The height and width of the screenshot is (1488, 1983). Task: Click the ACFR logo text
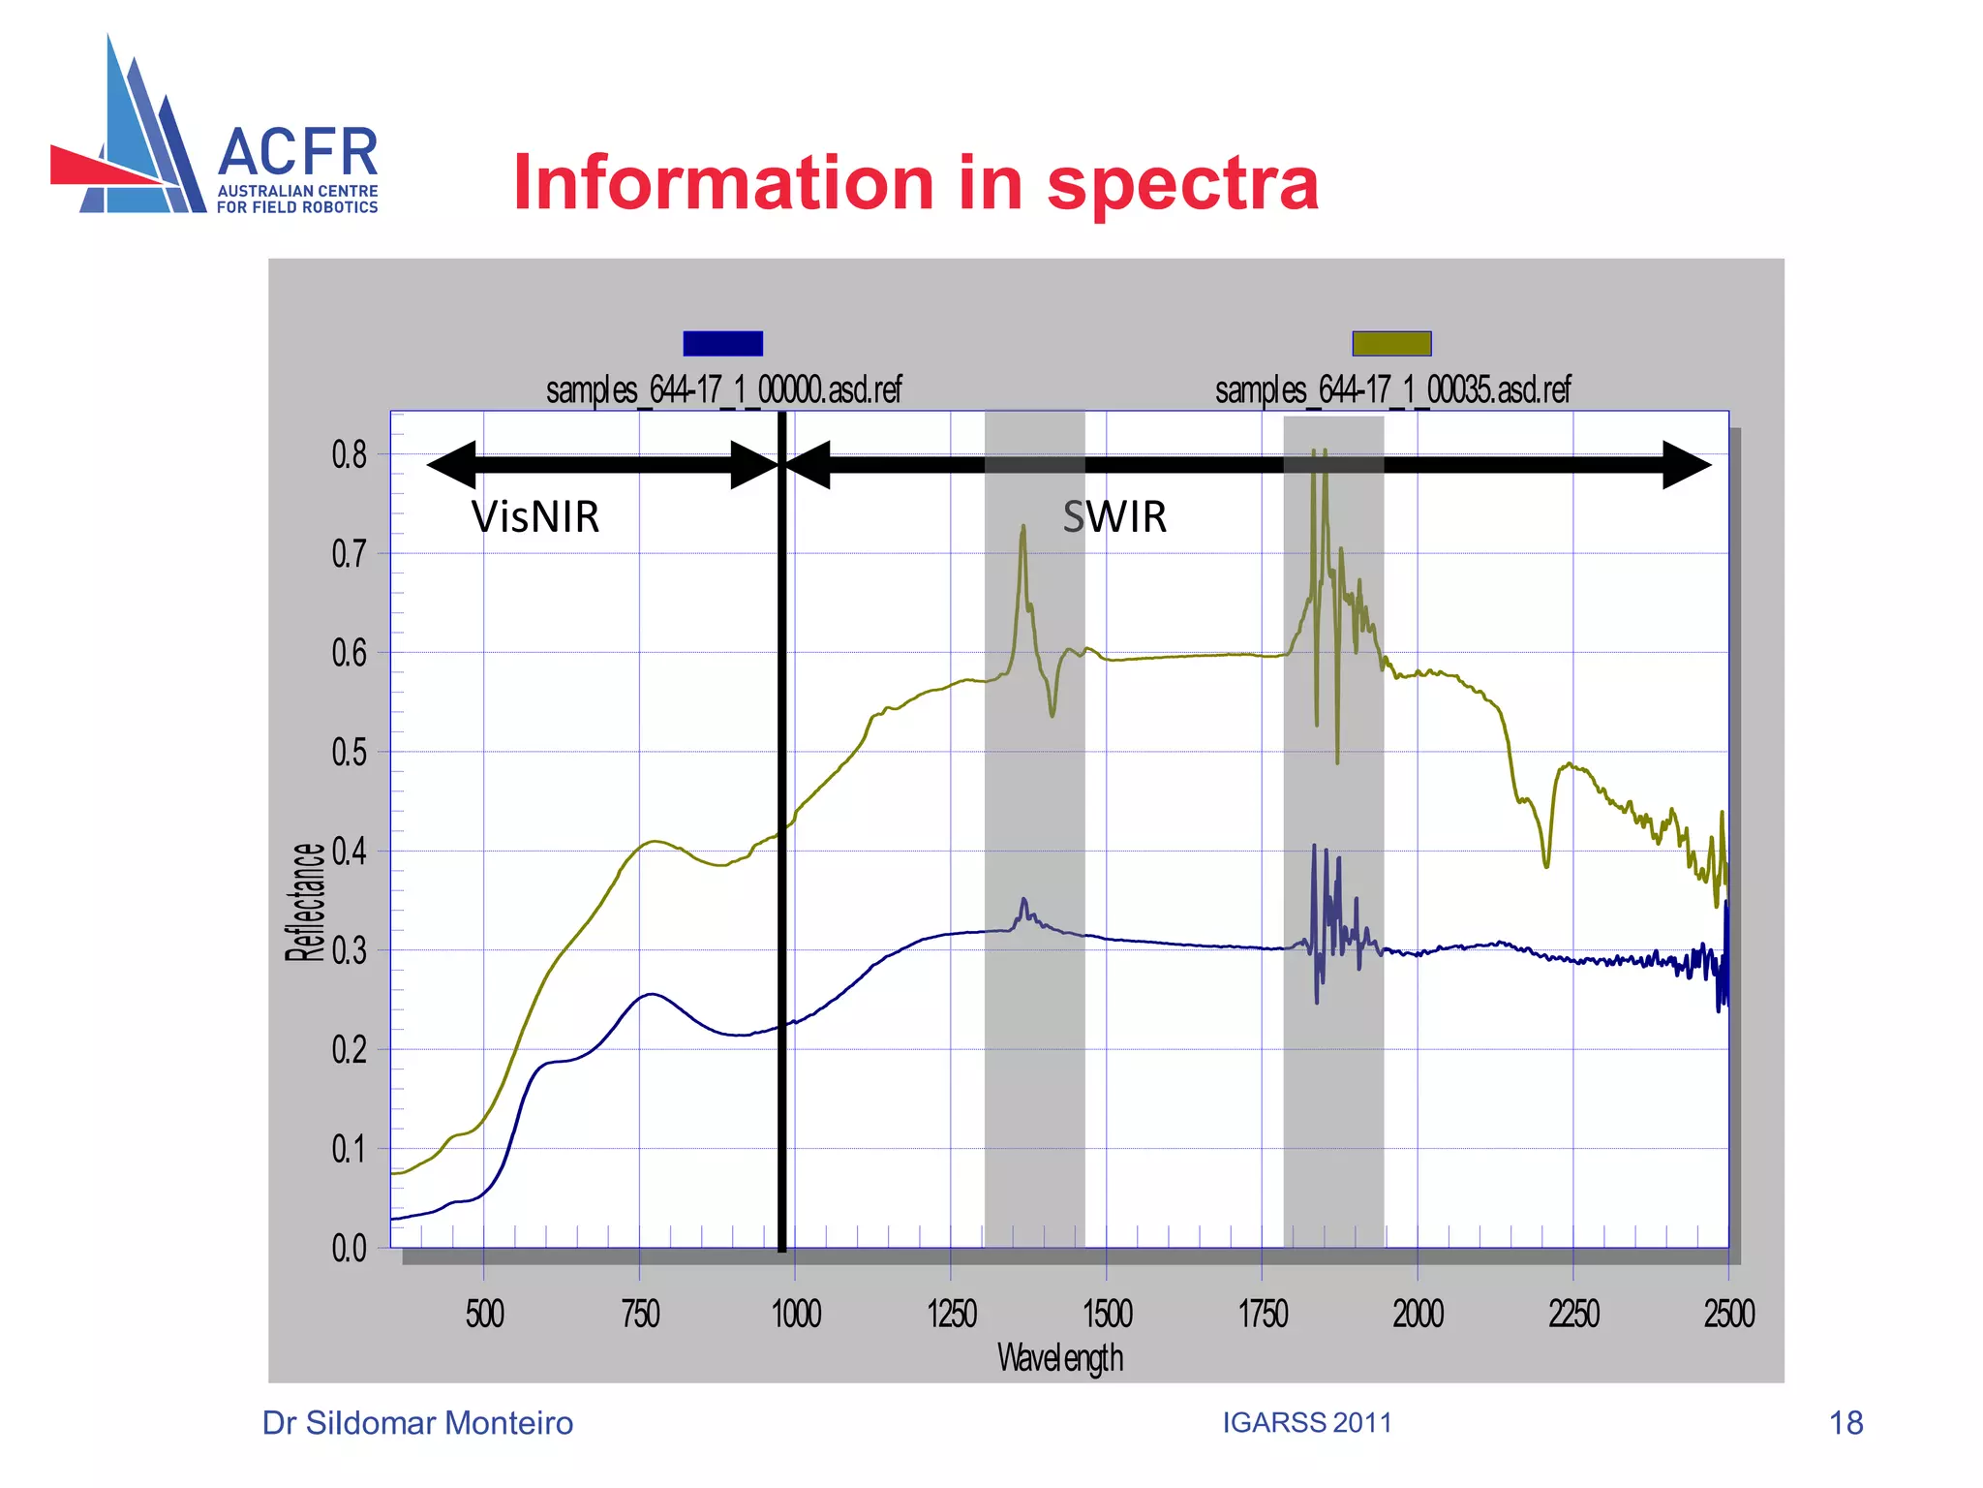pos(297,153)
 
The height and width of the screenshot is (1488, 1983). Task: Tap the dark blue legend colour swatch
pos(722,343)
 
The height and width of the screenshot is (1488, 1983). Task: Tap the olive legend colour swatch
pos(1391,343)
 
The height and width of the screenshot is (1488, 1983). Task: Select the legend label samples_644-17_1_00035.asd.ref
pos(1392,390)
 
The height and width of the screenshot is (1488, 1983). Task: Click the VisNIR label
pos(534,517)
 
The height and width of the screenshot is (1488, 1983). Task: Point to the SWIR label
pos(1114,517)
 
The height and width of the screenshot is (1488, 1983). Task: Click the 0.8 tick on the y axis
pos(349,454)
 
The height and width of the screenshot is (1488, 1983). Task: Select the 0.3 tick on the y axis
pos(349,951)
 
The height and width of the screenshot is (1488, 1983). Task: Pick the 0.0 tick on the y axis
pos(349,1248)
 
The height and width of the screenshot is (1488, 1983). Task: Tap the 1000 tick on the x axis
pos(796,1315)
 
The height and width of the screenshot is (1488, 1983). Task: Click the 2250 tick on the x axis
pos(1573,1315)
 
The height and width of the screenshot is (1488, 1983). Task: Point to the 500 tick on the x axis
pos(484,1315)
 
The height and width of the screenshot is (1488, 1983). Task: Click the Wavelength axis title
pos(1060,1358)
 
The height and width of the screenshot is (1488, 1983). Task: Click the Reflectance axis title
pos(305,902)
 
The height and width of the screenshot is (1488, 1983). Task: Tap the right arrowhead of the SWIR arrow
pos(1687,465)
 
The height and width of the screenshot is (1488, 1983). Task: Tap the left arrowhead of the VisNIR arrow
pos(451,465)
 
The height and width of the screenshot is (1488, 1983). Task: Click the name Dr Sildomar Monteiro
pos(417,1423)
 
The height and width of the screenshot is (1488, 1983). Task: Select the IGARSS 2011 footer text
pos(1306,1422)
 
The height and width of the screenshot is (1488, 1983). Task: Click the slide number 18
pos(1846,1423)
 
